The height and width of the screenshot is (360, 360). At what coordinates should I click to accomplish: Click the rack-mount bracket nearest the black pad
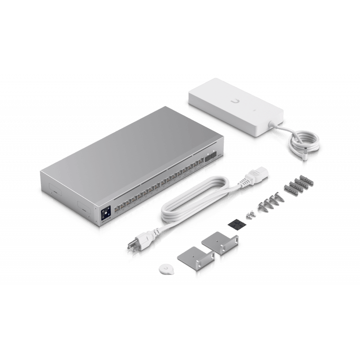221,247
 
